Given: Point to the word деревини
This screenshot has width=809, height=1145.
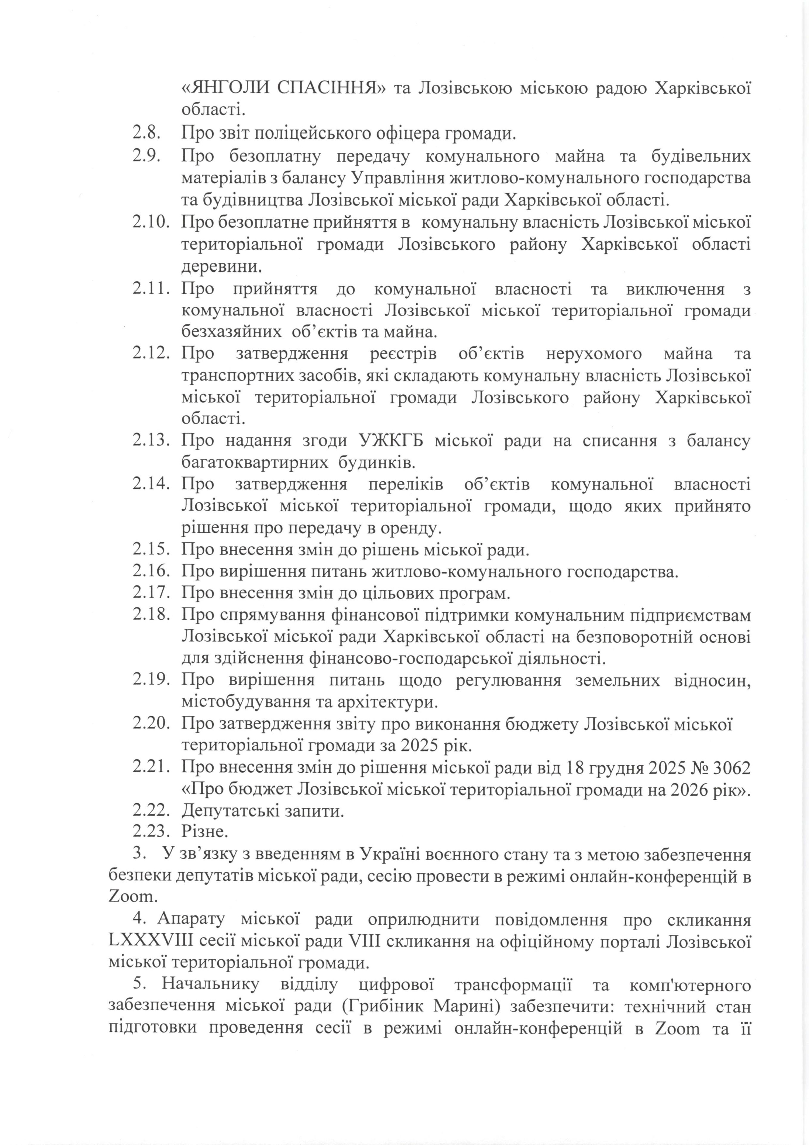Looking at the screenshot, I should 221,266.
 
